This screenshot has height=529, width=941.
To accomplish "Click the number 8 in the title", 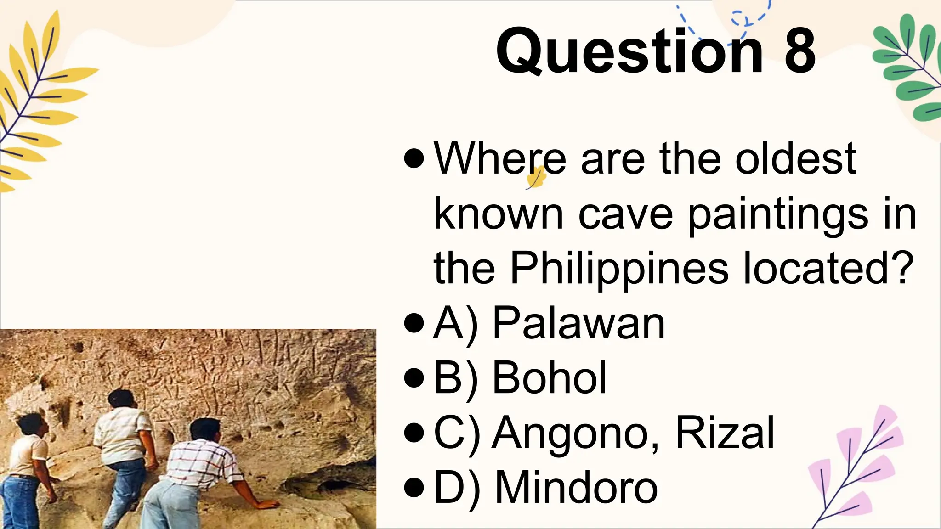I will pos(800,51).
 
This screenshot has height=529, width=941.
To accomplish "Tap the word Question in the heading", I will pos(629,51).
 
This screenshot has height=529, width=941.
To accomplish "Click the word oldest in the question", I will pos(795,159).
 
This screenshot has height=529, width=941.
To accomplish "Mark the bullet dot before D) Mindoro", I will pos(414,488).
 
